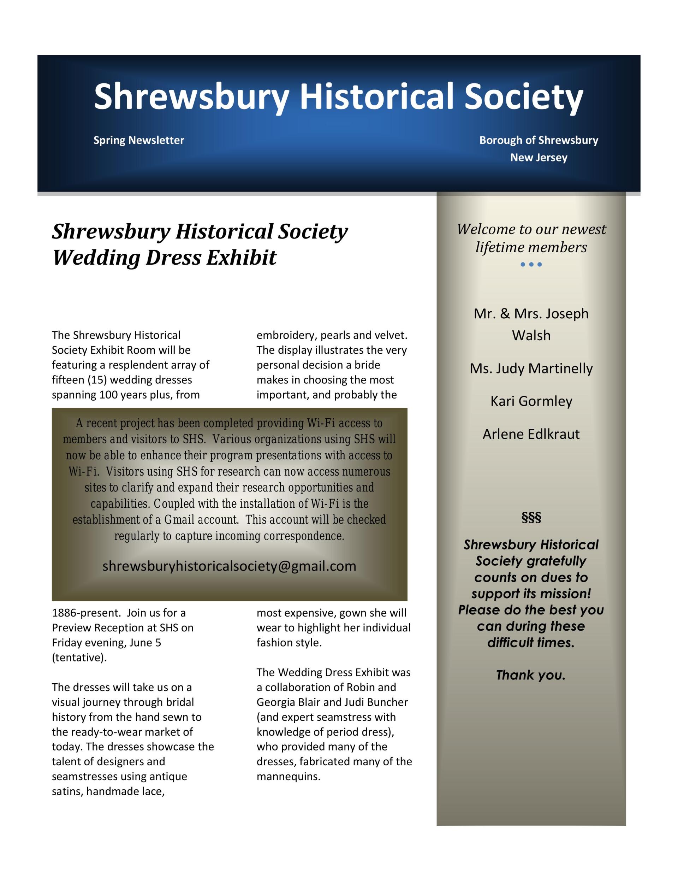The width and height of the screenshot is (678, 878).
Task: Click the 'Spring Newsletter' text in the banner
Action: (x=139, y=140)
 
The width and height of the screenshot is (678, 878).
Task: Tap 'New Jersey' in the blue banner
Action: (x=539, y=157)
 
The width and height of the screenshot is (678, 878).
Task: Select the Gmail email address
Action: (x=229, y=566)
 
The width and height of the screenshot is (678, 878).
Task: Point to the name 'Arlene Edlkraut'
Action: (x=531, y=434)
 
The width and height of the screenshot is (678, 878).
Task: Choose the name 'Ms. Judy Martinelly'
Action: (x=531, y=368)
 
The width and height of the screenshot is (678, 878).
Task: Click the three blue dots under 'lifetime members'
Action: (x=531, y=265)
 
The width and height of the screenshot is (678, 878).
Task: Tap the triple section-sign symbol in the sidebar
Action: (x=531, y=517)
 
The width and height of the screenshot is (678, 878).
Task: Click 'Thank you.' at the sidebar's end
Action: (x=530, y=675)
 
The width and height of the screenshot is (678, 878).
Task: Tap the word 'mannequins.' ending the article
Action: (x=289, y=776)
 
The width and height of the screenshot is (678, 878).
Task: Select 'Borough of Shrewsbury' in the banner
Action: (x=539, y=140)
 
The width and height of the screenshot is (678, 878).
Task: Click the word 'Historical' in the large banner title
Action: (x=377, y=96)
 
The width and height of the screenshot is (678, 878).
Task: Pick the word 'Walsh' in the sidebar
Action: (x=531, y=335)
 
